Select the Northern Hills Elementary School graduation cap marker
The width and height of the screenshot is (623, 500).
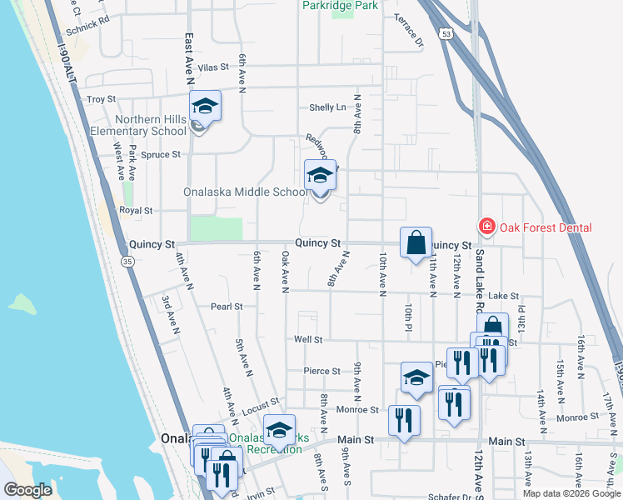[205, 107]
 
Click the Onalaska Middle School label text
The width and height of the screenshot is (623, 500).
[247, 192]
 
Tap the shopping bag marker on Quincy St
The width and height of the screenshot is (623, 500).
[416, 243]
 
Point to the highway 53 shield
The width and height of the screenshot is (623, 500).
[446, 34]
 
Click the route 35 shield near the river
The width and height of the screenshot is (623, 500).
[127, 261]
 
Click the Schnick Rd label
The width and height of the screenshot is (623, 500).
[87, 23]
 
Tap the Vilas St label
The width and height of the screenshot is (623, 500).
[213, 67]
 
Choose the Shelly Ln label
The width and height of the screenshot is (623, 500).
[327, 107]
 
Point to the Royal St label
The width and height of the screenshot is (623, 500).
[136, 211]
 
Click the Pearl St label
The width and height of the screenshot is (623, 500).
[226, 307]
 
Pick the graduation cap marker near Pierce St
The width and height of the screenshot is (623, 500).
[416, 377]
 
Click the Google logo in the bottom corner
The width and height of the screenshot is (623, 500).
[27, 490]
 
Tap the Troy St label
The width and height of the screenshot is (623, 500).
[101, 99]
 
